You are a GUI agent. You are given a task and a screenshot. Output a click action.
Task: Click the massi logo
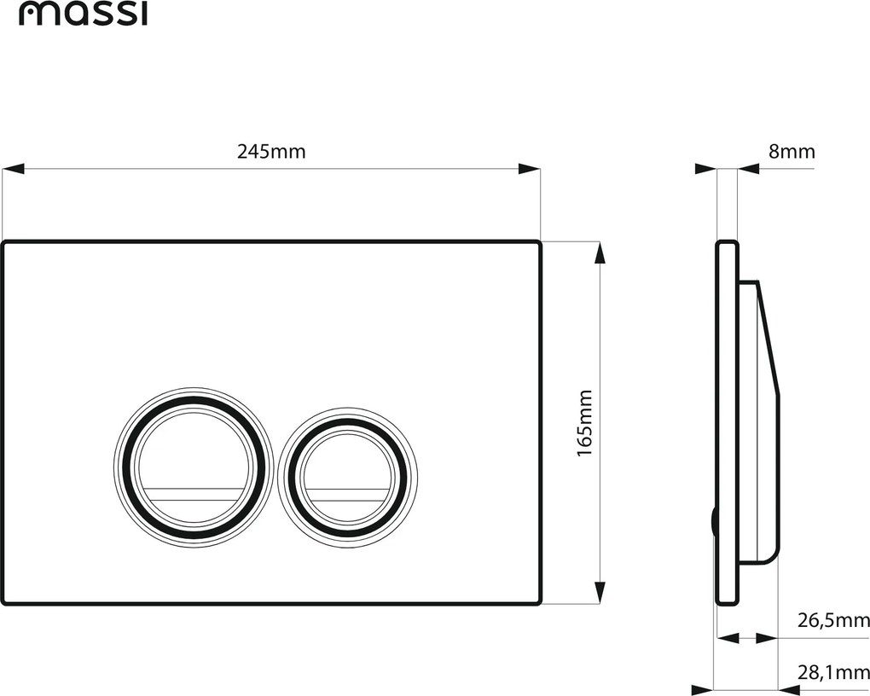84,14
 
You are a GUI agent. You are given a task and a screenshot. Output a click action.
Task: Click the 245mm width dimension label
271,152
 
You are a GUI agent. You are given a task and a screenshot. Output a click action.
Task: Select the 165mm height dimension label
585,423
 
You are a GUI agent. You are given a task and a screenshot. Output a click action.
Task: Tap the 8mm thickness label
792,152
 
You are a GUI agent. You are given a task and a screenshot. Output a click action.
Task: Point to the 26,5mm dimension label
833,620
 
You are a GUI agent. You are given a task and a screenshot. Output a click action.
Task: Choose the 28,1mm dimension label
833,673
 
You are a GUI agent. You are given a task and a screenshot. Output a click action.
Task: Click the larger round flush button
194,464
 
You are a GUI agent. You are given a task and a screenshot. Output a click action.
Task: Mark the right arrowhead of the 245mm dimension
530,169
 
